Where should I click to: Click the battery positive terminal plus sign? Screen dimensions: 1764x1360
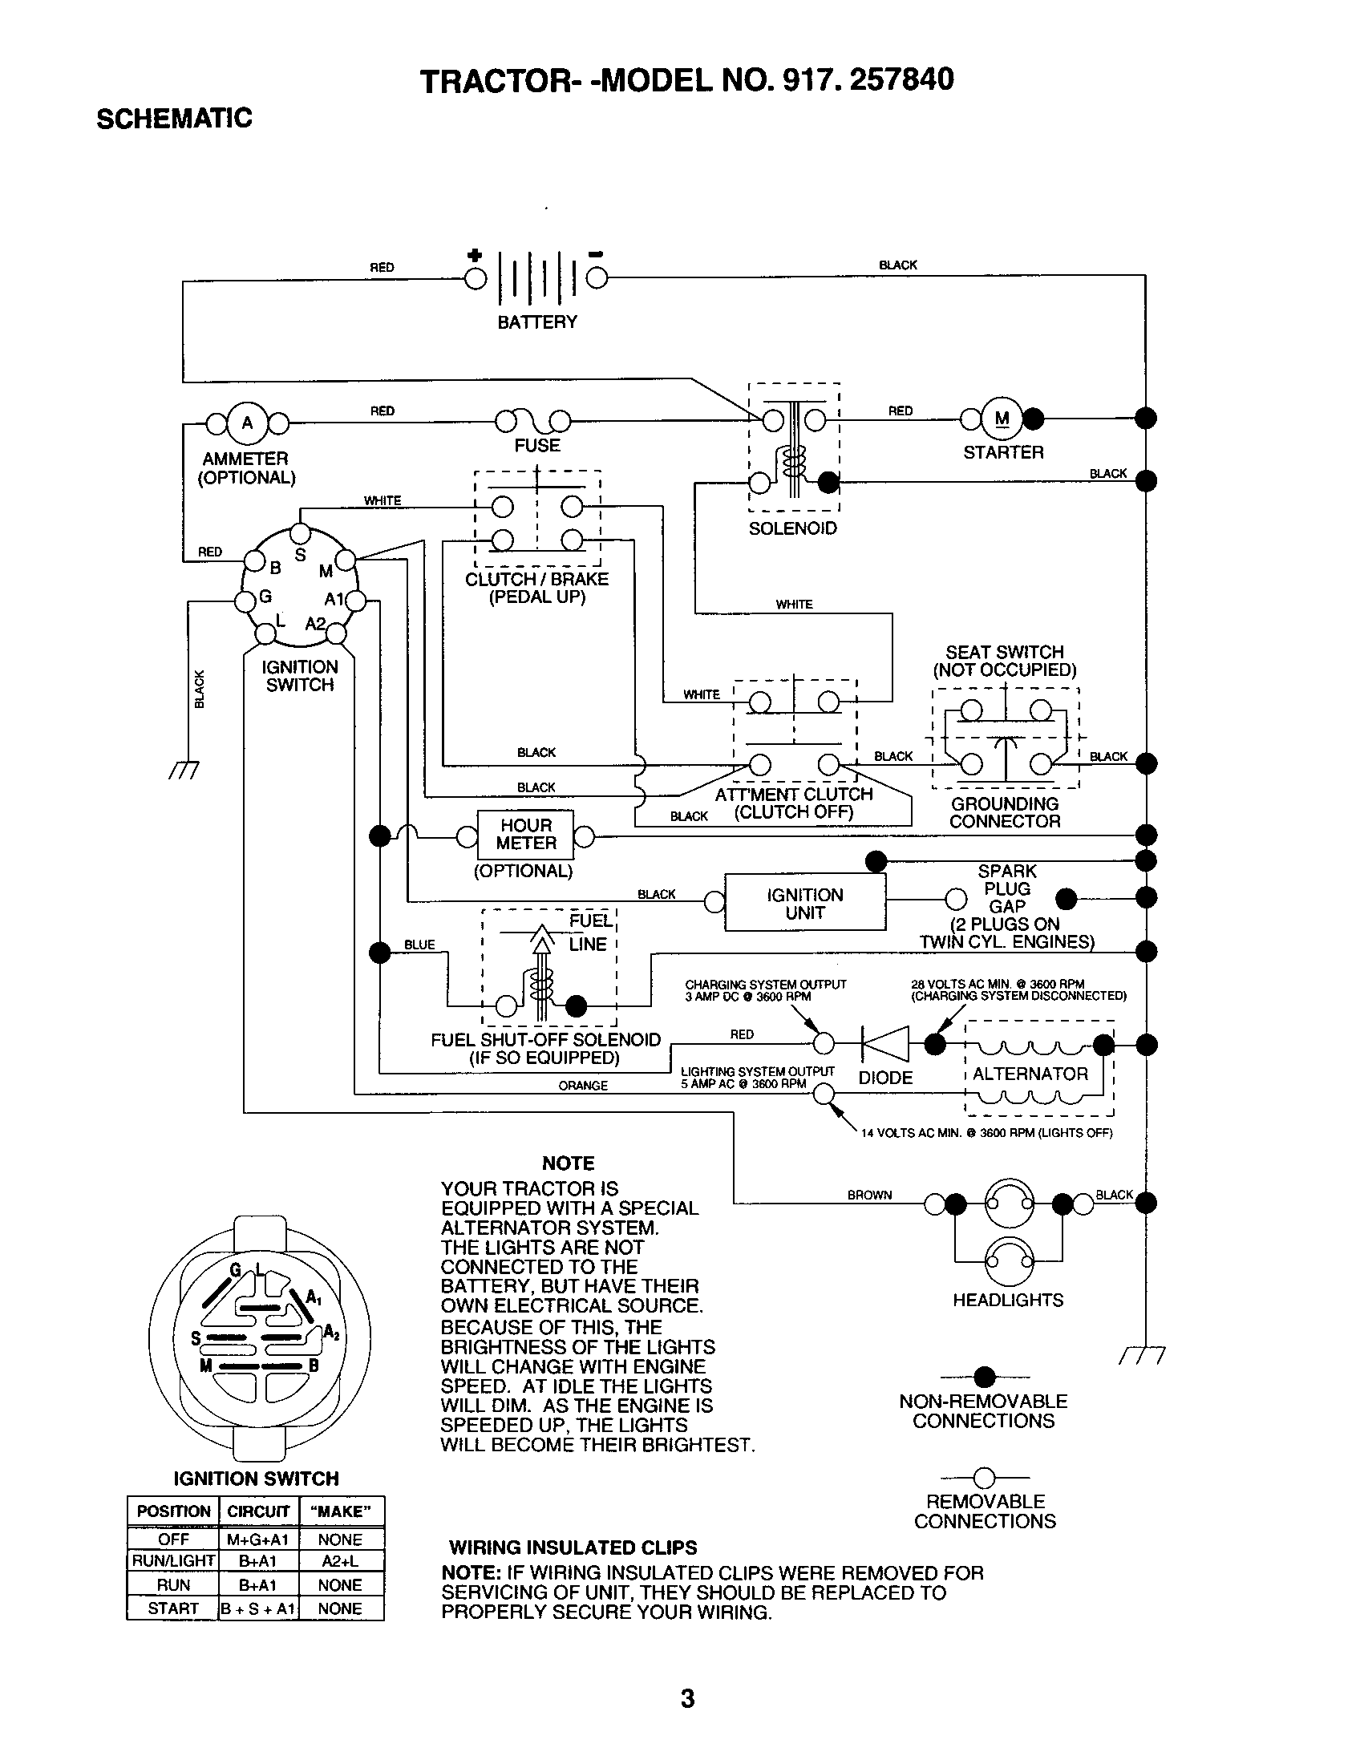point(475,256)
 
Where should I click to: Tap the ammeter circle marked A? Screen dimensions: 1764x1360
point(247,423)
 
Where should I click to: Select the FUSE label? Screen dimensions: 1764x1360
point(537,446)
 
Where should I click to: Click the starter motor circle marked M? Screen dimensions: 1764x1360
point(1002,419)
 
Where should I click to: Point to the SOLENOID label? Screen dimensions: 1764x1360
point(792,528)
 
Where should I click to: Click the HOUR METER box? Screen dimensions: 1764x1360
point(526,835)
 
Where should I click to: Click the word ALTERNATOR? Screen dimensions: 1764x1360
point(1030,1074)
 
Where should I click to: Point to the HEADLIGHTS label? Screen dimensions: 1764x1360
point(1008,1300)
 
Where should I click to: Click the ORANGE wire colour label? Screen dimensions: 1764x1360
point(582,1086)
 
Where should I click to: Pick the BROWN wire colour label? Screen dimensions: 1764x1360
point(869,1195)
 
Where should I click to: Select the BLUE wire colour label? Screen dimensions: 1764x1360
point(419,945)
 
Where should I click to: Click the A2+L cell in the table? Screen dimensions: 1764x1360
point(340,1561)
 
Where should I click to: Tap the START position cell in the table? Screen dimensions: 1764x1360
point(173,1608)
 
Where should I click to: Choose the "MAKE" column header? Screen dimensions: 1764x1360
point(340,1511)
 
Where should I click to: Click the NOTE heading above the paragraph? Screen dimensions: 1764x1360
point(568,1163)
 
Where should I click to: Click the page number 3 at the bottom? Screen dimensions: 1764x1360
point(687,1698)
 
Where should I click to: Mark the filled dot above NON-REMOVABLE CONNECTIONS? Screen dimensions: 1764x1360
point(984,1377)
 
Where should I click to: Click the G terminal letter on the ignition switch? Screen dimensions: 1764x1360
point(265,597)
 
